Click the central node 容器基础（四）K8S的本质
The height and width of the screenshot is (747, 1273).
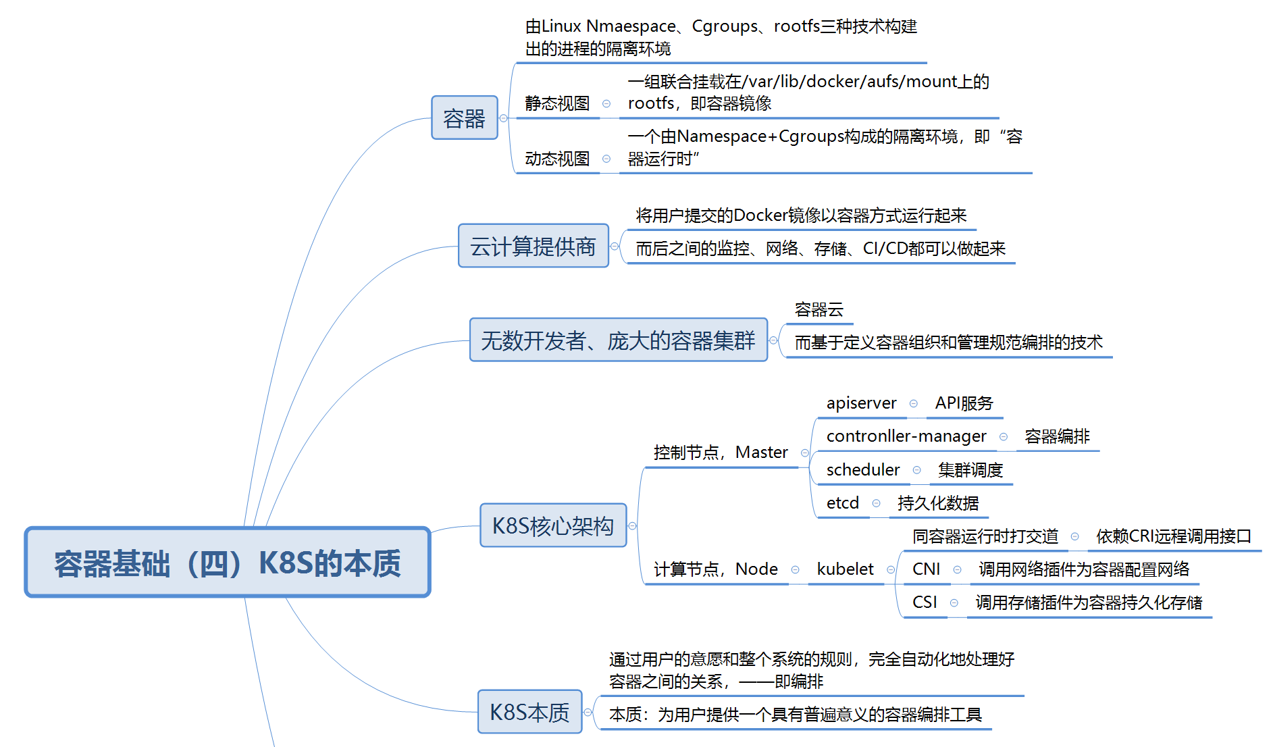[228, 563]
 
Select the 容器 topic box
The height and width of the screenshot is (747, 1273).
[464, 118]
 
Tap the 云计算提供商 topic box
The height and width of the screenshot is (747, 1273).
[533, 246]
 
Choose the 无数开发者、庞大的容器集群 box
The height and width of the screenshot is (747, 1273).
[618, 340]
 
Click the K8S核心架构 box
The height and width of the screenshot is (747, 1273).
[552, 525]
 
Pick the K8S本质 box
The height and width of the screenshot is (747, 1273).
[529, 712]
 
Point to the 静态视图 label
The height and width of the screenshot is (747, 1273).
[557, 103]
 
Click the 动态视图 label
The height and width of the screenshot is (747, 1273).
[557, 159]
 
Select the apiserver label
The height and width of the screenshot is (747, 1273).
[861, 403]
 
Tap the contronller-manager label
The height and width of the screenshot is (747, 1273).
[906, 436]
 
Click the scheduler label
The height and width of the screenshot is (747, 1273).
[862, 469]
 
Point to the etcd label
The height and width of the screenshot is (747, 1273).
[842, 503]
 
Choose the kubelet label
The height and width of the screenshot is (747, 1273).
[845, 569]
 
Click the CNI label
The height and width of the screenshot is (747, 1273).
[926, 569]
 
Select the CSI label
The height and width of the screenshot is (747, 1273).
[925, 602]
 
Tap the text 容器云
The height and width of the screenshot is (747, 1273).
[819, 310]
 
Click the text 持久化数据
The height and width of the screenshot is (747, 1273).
[937, 503]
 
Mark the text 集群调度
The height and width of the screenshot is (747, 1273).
[970, 469]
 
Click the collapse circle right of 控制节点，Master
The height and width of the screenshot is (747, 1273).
[804, 453]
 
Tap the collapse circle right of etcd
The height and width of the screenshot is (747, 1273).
[876, 503]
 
